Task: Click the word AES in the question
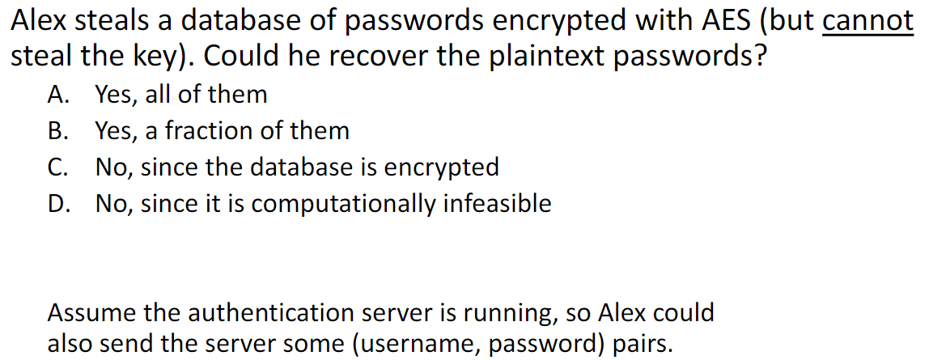[x=726, y=22]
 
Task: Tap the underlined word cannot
[x=867, y=22]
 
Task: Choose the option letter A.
[x=57, y=95]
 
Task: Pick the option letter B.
[x=57, y=131]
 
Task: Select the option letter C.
[x=57, y=167]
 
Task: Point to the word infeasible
[x=496, y=204]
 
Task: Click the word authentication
[x=261, y=312]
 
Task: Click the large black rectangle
[x=863, y=218]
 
